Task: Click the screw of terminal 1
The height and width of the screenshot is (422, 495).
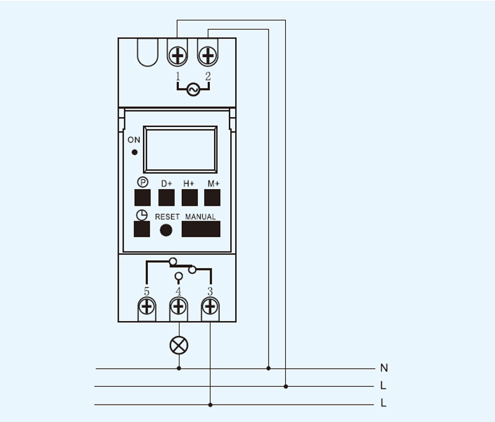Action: click(x=178, y=56)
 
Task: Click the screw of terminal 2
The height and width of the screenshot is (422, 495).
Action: click(x=208, y=56)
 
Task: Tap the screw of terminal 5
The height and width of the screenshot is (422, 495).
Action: click(x=147, y=306)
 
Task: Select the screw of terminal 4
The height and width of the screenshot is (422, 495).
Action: click(x=179, y=306)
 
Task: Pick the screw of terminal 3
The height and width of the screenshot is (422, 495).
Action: click(x=210, y=306)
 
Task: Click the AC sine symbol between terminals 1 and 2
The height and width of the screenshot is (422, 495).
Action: click(x=192, y=90)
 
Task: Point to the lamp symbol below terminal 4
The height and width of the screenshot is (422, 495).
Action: click(x=179, y=345)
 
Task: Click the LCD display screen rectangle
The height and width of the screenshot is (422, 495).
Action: click(x=180, y=149)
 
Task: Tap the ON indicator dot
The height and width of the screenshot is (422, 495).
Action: click(x=134, y=152)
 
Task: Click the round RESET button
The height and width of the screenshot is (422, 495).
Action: click(x=166, y=229)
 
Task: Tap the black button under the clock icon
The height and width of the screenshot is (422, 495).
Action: click(x=142, y=229)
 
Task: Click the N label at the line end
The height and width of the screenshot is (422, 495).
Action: click(x=384, y=368)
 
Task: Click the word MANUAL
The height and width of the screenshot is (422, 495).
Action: click(x=200, y=217)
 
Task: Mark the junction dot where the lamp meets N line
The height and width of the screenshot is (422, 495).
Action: click(x=179, y=368)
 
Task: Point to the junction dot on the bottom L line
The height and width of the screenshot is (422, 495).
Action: click(x=210, y=405)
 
